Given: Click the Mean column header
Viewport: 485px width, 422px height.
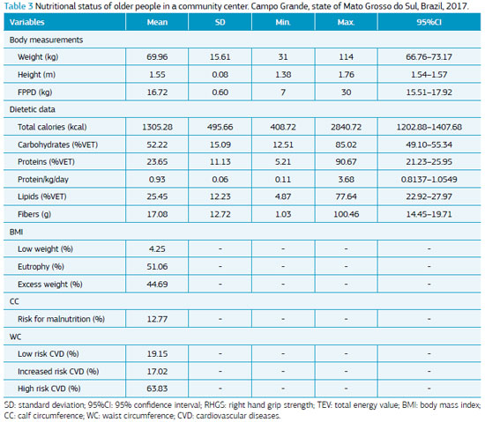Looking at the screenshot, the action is pos(157,22).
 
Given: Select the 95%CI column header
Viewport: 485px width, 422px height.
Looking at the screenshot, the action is pos(429,22).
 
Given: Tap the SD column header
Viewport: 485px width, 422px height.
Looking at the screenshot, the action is pos(220,22).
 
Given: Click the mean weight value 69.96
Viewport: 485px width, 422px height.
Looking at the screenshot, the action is pos(157,57).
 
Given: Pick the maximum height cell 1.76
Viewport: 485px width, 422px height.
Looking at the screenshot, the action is pos(346,75).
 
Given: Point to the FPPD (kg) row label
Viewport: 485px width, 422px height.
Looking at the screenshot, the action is pos(35,92).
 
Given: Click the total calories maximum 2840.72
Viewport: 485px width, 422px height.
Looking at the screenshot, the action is pos(346,127).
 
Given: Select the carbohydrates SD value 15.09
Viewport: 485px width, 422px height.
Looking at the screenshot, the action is pos(220,144).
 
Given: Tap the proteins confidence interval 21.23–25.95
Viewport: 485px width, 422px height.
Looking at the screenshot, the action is pos(429,162).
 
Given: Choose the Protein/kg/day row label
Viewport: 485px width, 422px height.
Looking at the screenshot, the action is pos(43,180).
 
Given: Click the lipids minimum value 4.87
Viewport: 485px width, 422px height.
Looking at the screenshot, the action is pos(283,196).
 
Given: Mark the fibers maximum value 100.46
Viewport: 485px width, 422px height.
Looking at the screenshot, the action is pos(346,214).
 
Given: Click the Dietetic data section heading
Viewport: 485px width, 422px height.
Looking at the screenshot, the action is pos(32,109).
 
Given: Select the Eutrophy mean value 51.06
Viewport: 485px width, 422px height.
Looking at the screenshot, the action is pos(157,266).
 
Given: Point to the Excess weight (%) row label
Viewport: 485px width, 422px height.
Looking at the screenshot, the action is pos(50,285).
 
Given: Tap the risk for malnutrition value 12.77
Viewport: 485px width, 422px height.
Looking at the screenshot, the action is pos(157,319).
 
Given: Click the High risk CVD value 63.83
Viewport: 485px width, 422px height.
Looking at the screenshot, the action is pos(157,389).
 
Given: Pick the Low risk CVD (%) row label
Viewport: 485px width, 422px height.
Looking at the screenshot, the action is pos(48,354).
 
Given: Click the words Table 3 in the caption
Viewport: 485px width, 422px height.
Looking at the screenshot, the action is pos(19,6).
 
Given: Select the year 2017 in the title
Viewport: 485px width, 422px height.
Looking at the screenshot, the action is pos(457,6).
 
